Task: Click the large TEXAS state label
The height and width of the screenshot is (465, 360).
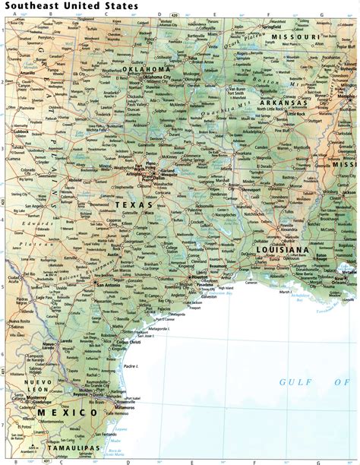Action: pos(134,204)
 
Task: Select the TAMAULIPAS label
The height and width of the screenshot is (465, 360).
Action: pos(72,448)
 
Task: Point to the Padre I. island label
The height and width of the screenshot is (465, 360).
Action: pos(131,366)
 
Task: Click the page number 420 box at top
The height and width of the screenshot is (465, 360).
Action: pos(175,14)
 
